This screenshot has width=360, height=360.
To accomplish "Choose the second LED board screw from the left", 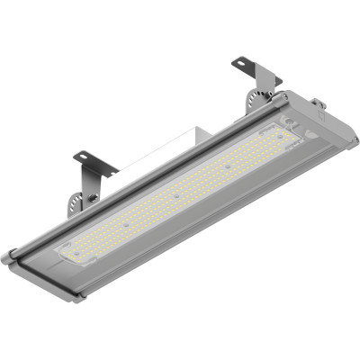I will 126,225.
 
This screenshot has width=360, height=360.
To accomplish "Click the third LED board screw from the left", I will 176,195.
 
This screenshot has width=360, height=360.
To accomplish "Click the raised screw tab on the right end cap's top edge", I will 317,101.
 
